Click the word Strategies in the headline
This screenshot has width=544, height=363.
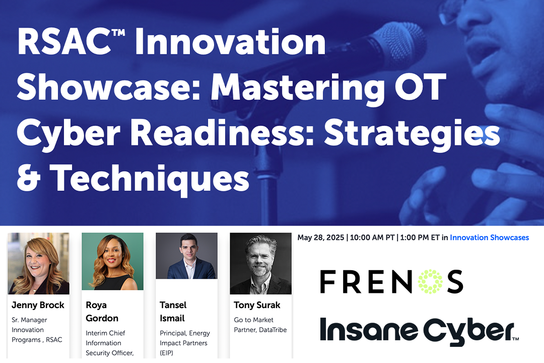click(412, 134)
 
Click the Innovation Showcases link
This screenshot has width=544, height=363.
click(489, 237)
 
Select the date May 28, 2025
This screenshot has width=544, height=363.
click(320, 237)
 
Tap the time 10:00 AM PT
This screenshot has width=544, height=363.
click(372, 237)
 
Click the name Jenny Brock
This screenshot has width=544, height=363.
click(38, 305)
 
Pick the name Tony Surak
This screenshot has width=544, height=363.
click(257, 305)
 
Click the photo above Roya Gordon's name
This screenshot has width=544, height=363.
click(112, 261)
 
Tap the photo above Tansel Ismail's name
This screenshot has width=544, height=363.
click(187, 256)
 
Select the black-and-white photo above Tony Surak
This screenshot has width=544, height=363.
click(260, 264)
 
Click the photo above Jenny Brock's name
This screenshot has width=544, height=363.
click(38, 264)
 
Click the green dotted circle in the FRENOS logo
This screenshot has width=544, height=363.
click(430, 281)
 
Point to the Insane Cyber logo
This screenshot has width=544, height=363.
click(419, 331)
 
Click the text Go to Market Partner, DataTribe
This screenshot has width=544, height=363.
click(260, 325)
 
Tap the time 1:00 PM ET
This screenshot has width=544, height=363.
click(420, 237)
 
